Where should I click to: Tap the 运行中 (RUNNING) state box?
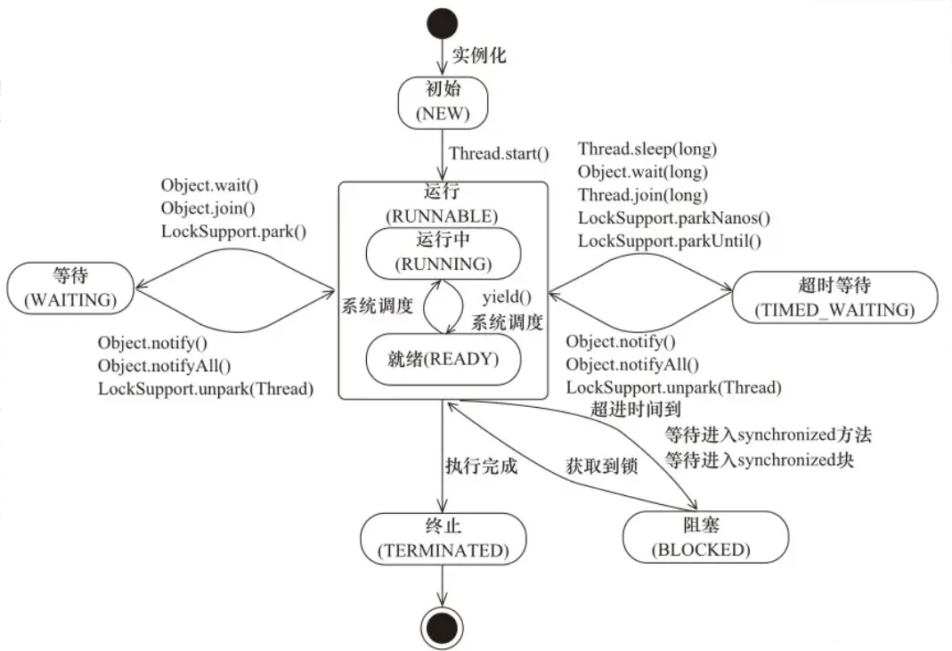click(442, 253)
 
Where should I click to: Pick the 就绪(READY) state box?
click(442, 360)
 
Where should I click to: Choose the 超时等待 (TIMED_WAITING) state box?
click(834, 297)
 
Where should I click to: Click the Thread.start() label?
click(499, 153)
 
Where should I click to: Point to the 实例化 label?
click(479, 55)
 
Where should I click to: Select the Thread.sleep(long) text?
click(647, 149)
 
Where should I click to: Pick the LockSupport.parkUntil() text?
click(674, 240)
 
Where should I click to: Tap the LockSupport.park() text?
click(233, 232)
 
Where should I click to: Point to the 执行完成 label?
click(481, 465)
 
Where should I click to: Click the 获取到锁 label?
click(601, 465)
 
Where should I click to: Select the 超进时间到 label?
click(635, 410)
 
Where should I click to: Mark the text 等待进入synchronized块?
click(760, 460)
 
